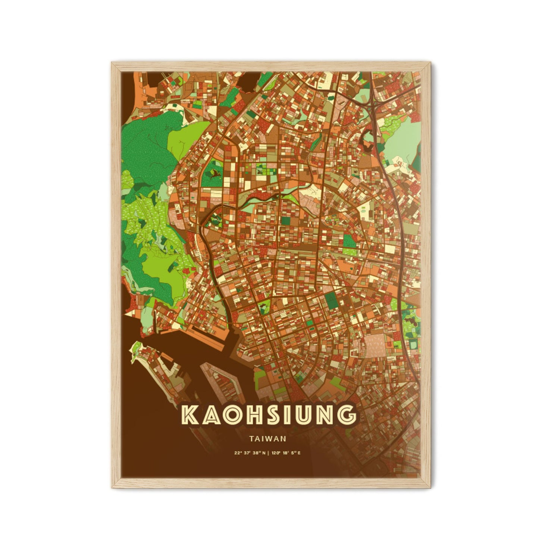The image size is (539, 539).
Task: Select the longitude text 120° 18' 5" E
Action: (x=286, y=453)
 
